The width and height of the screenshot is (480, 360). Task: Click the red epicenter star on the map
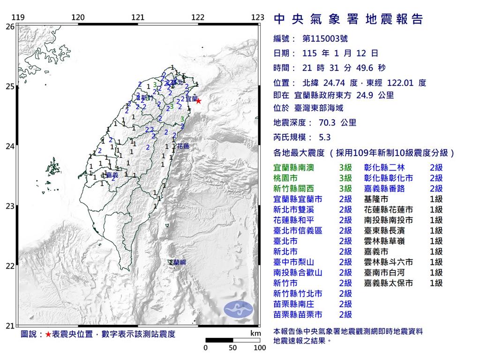coord(198,101)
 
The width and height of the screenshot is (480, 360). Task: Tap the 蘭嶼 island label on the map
coord(180,262)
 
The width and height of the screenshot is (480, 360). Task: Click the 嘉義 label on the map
coord(112,175)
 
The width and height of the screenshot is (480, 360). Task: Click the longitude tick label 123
coord(257,18)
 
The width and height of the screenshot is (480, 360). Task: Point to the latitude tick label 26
coord(10,27)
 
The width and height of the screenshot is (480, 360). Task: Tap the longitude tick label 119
coord(18,18)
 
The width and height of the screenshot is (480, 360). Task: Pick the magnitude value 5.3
coord(324,137)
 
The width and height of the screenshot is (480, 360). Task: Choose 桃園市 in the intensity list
coord(286,178)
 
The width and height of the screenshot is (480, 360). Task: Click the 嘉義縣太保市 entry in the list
coord(389,283)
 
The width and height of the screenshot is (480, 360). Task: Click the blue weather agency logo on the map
coord(238,308)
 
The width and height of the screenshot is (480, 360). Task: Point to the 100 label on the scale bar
coord(259,348)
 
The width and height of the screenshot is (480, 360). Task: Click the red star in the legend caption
coord(48,334)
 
